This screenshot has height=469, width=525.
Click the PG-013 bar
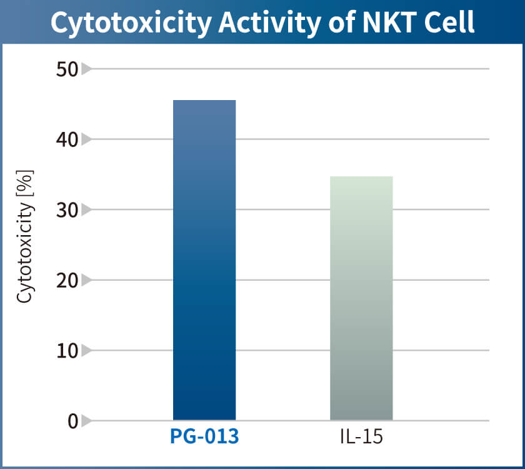click(204, 260)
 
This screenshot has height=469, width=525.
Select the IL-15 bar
click(361, 298)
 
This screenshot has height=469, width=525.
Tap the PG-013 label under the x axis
click(204, 436)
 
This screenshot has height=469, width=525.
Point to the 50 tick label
click(66, 69)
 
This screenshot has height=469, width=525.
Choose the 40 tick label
click(66, 139)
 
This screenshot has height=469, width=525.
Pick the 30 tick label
click(66, 210)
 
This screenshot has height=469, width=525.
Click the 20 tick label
click(66, 281)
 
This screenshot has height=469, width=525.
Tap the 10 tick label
click(66, 351)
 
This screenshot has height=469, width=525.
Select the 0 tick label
click(73, 421)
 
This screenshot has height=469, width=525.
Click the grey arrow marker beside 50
click(86, 69)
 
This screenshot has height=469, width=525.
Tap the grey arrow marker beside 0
click(86, 421)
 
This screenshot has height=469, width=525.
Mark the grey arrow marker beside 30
click(86, 210)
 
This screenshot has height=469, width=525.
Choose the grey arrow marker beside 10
click(86, 351)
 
